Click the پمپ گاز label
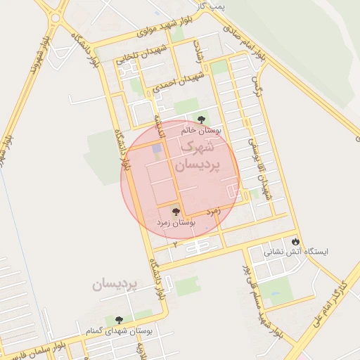point(210,6)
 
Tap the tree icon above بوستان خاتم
point(202,120)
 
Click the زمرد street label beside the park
point(214,210)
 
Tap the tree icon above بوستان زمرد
point(176,211)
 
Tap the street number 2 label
point(174,243)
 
